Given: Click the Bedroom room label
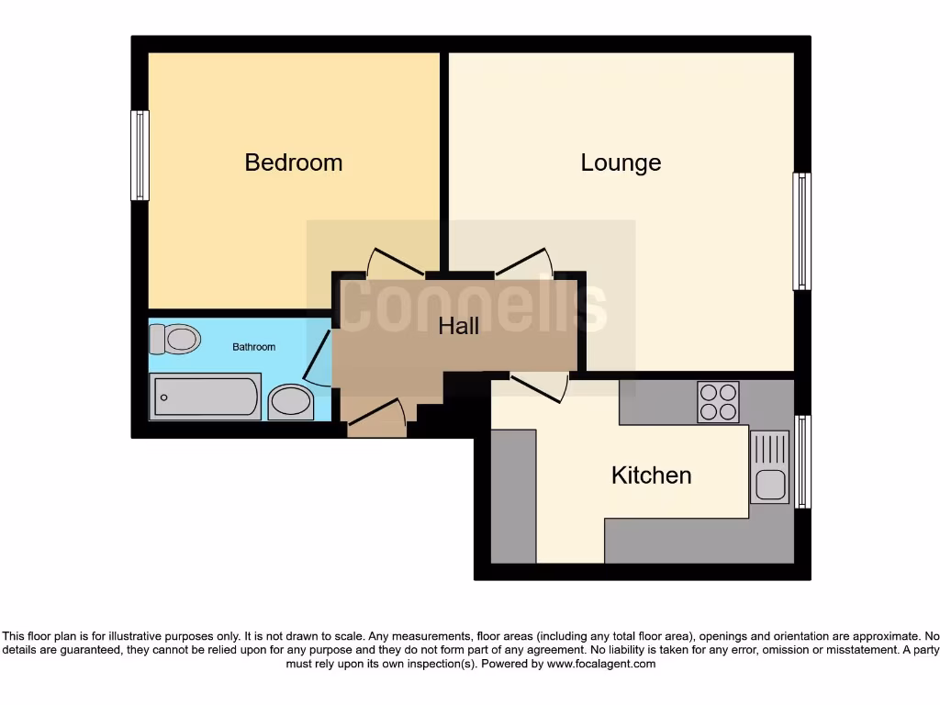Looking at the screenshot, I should (x=293, y=162).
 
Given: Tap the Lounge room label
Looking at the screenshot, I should (x=621, y=162).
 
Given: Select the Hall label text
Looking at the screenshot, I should (x=458, y=326).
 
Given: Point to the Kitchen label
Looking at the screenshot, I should (x=651, y=476).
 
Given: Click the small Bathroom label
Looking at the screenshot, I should (x=253, y=347).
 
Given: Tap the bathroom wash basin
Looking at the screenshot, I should (x=291, y=402).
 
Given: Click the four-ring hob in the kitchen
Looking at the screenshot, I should (x=718, y=401).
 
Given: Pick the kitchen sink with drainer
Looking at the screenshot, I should (x=769, y=467).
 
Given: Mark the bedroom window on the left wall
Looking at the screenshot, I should (x=140, y=155).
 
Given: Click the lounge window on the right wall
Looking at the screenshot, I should (x=801, y=231).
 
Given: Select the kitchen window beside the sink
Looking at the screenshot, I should (x=802, y=462).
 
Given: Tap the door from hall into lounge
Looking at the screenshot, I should (x=524, y=263).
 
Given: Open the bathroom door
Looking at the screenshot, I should (x=318, y=361).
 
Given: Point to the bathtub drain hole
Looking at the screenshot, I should (x=164, y=397).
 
